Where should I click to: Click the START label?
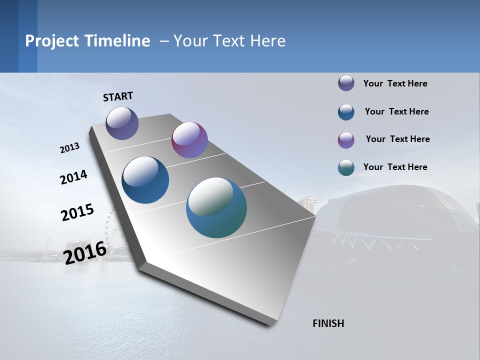tap(118, 96)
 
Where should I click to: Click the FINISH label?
tap(328, 323)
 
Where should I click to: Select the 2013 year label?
tap(69, 148)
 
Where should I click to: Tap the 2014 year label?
tap(73, 177)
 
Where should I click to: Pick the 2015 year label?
tap(77, 212)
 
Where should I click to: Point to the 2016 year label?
tap(85, 252)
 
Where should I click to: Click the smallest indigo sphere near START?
tap(122, 123)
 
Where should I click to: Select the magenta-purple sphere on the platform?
tap(189, 140)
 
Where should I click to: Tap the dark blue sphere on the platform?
tap(145, 180)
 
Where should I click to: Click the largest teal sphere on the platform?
tap(216, 207)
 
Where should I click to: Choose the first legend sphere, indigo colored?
tap(346, 83)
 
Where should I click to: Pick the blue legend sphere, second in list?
tap(346, 112)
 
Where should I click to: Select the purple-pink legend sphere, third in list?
tap(346, 140)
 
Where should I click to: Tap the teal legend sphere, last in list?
tap(346, 167)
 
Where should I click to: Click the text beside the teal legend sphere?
tap(395, 167)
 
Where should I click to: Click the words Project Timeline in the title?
tap(87, 41)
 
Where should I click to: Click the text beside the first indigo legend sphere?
tap(395, 83)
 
